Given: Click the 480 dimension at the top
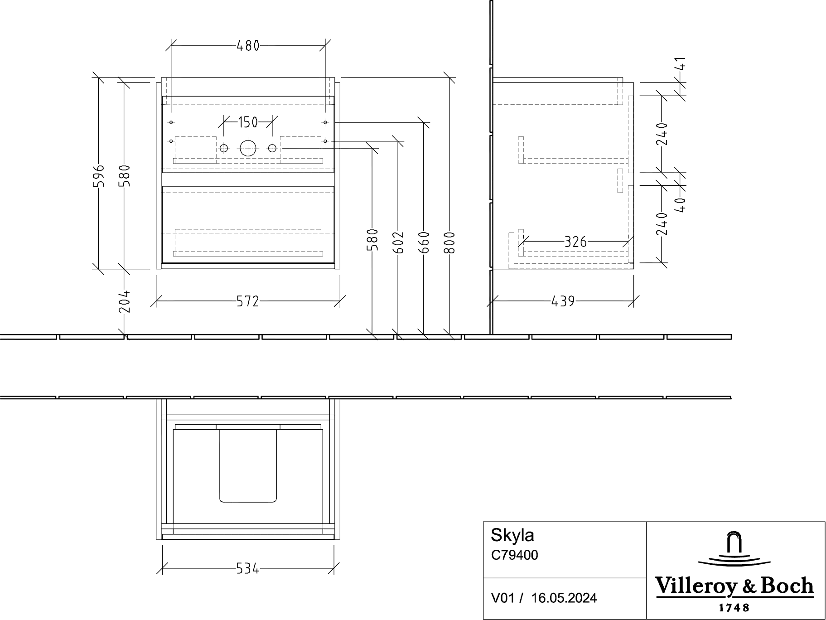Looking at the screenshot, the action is (248, 46).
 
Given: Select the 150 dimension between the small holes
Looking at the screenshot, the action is (248, 122).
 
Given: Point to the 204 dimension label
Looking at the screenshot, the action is (125, 301).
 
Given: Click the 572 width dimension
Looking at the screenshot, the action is (248, 301).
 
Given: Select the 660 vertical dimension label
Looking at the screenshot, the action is (424, 242).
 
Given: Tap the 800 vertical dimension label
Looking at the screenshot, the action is (449, 242).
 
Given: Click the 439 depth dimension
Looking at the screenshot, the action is (563, 301).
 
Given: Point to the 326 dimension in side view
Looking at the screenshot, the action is (575, 242).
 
